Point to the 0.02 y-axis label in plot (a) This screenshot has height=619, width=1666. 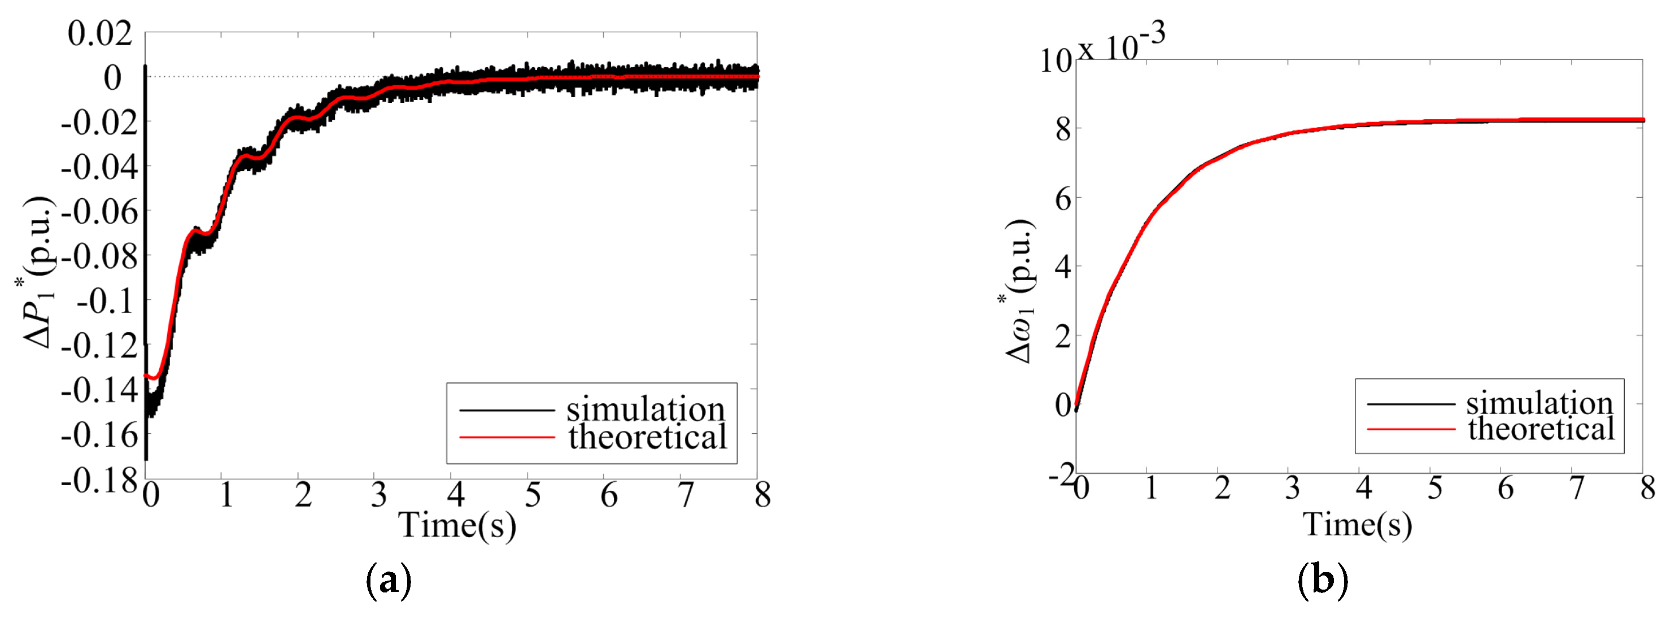pyautogui.click(x=101, y=34)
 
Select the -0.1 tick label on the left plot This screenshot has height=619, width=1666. pyautogui.click(x=106, y=302)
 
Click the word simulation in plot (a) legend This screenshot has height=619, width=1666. pyautogui.click(x=646, y=409)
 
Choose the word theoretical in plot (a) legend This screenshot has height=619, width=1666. pyautogui.click(x=647, y=437)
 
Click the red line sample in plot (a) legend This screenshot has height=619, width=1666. pyautogui.click(x=507, y=438)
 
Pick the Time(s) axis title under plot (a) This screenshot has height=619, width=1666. pyautogui.click(x=457, y=525)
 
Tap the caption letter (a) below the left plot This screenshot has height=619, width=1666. pyautogui.click(x=388, y=580)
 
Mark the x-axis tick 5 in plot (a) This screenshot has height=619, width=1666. pyautogui.click(x=532, y=495)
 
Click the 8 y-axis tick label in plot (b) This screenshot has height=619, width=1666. pyautogui.click(x=1063, y=130)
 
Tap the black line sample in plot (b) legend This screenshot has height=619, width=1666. pyautogui.click(x=1411, y=404)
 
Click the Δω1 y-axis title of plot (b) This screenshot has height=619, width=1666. pyautogui.click(x=1020, y=291)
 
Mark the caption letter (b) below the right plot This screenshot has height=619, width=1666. pyautogui.click(x=1323, y=580)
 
